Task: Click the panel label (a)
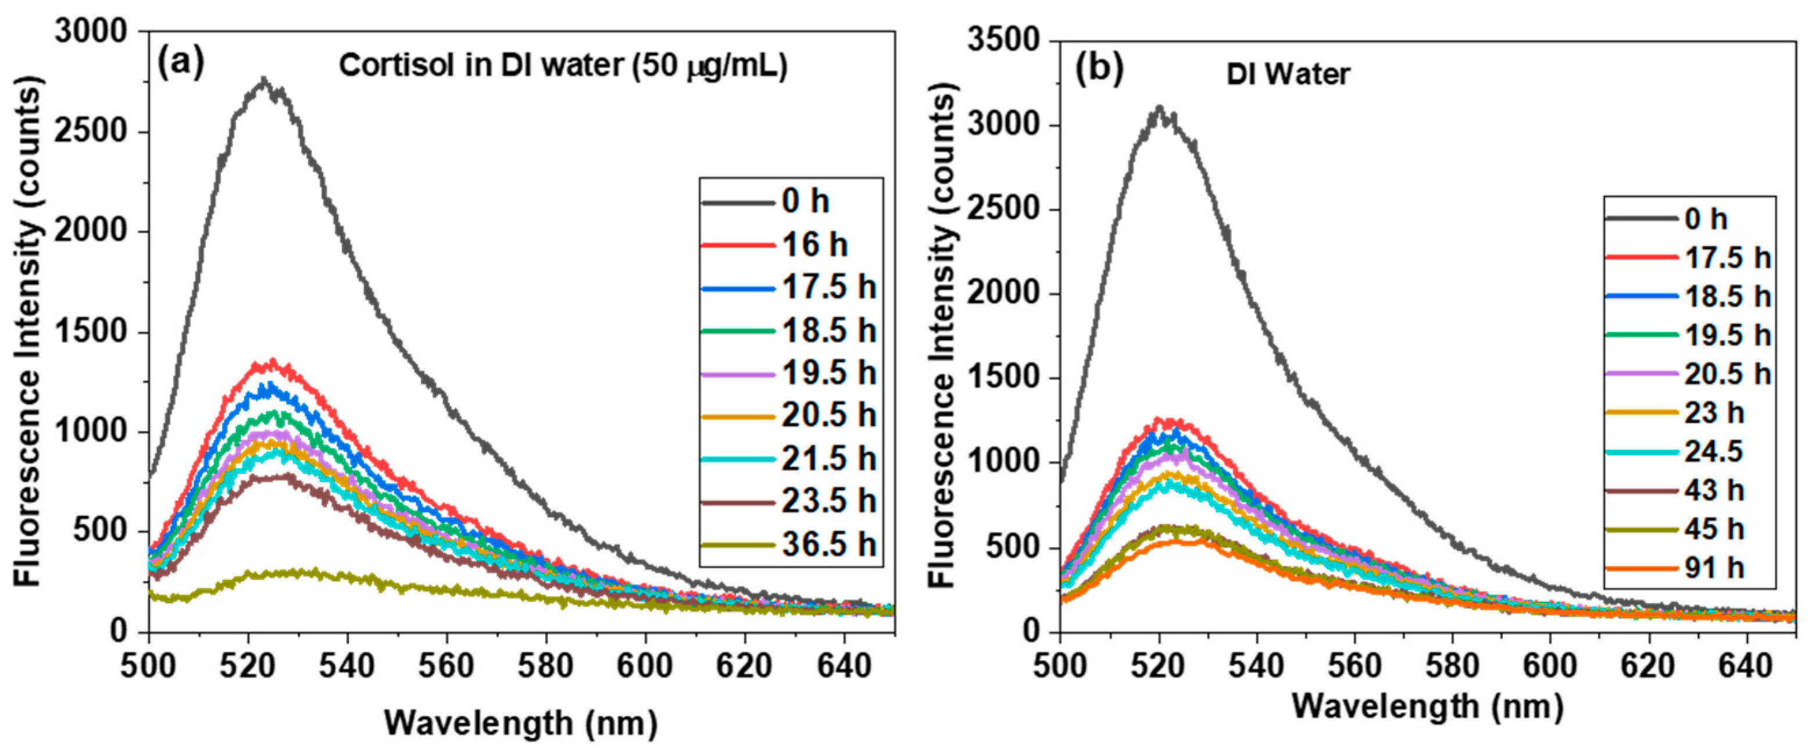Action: pyautogui.click(x=180, y=64)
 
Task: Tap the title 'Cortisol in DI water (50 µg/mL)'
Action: pyautogui.click(x=563, y=66)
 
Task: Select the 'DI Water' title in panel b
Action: pyautogui.click(x=1288, y=74)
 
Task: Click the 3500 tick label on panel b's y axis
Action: pyautogui.click(x=1003, y=41)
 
